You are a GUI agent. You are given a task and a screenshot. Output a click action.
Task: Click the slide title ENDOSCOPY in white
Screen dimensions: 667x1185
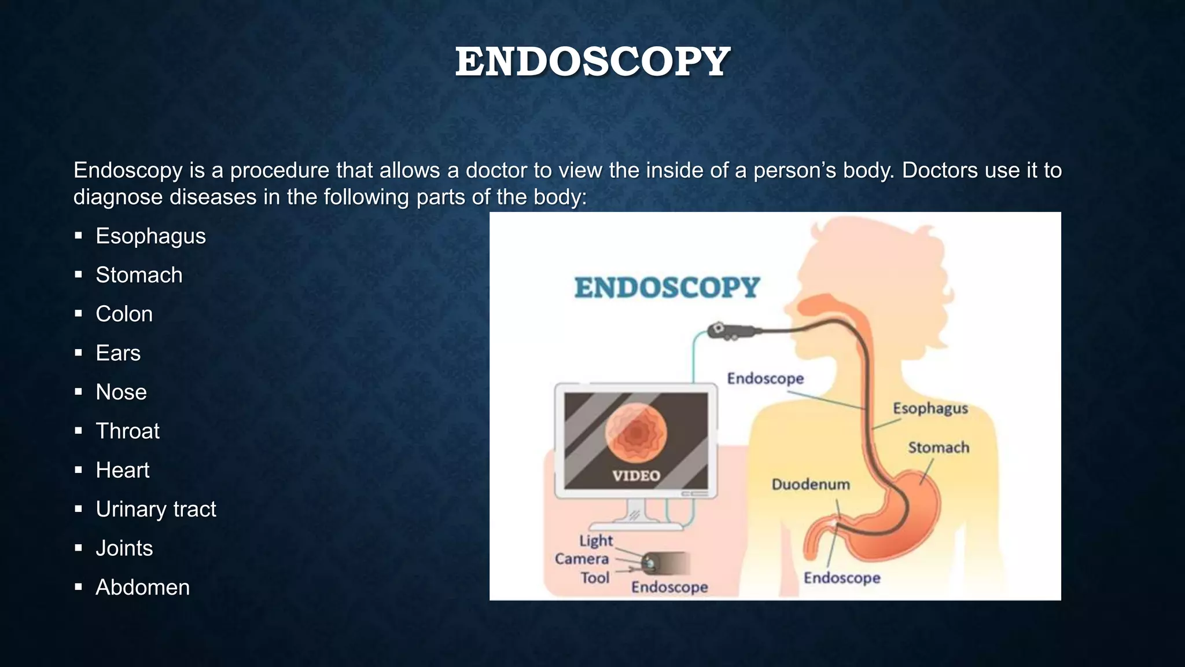pyautogui.click(x=592, y=61)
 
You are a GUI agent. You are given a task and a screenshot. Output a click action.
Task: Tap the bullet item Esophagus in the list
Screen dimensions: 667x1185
pyautogui.click(x=150, y=236)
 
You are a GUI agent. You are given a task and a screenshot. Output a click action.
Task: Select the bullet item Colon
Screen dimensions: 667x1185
pyautogui.click(x=124, y=314)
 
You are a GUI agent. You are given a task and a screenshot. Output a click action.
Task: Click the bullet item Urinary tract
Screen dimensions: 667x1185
pyautogui.click(x=156, y=510)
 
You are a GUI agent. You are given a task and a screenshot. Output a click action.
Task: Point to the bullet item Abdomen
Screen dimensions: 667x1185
pyautogui.click(x=142, y=588)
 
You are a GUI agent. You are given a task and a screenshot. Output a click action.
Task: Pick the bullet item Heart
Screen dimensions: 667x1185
pyautogui.click(x=123, y=470)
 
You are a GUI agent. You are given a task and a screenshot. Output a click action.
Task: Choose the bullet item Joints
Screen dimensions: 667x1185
pyautogui.click(x=124, y=548)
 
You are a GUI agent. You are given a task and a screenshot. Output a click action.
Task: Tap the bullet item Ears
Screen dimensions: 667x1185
pyautogui.click(x=118, y=353)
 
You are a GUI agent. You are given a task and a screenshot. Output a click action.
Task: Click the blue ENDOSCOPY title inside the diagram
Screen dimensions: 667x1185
pyautogui.click(x=667, y=288)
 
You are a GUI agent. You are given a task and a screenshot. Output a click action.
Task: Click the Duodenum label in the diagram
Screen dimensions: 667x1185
pyautogui.click(x=811, y=484)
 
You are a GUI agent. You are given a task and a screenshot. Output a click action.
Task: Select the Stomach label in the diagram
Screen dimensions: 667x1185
pyautogui.click(x=938, y=448)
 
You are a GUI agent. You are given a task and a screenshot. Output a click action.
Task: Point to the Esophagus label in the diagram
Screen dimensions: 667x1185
pyautogui.click(x=930, y=408)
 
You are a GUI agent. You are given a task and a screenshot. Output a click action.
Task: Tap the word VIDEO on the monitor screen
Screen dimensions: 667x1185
pyautogui.click(x=636, y=476)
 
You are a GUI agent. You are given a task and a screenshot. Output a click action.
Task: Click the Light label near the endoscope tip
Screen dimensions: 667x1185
pyautogui.click(x=596, y=541)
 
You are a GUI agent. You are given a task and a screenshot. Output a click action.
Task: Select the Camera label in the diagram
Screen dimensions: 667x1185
pyautogui.click(x=582, y=559)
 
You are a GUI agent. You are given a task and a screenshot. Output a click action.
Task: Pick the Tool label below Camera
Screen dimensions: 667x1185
pyautogui.click(x=595, y=578)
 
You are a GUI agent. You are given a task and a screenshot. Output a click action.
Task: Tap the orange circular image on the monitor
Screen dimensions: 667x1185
pyautogui.click(x=636, y=433)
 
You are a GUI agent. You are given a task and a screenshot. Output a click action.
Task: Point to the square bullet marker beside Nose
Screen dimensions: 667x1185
pyautogui.click(x=79, y=392)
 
